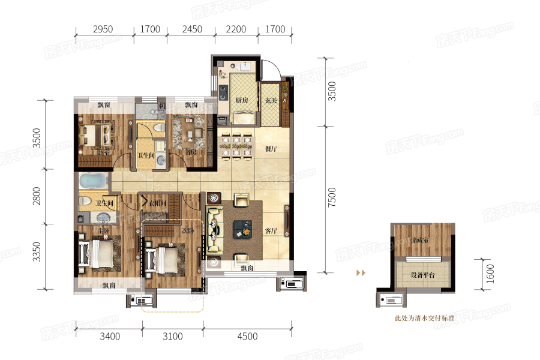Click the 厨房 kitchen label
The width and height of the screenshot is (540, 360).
[x=242, y=100]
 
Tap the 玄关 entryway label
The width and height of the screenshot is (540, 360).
[x=271, y=100]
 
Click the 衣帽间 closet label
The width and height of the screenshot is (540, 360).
[x=158, y=204]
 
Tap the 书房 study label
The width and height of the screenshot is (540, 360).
[x=191, y=152]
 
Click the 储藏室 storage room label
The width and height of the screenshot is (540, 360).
[x=421, y=240]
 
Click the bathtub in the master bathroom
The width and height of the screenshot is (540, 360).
[x=92, y=181]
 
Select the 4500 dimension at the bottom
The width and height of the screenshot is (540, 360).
[x=247, y=337]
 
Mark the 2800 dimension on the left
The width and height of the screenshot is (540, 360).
[x=37, y=196]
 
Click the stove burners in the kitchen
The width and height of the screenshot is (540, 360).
[x=223, y=92]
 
